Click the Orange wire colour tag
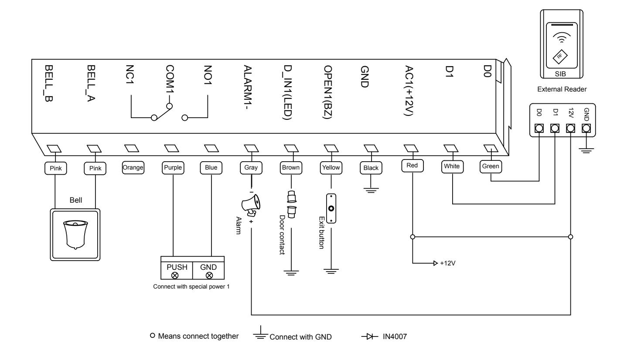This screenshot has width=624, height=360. [133, 168]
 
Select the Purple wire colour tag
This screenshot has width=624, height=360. [173, 168]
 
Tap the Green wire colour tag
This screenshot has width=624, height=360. [491, 166]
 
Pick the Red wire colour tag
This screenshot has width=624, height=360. [413, 166]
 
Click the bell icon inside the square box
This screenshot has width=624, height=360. [75, 234]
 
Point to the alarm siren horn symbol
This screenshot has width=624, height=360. [251, 205]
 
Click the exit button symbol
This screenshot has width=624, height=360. [331, 208]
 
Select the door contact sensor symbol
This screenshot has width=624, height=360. [291, 204]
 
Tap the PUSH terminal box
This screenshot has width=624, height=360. [177, 270]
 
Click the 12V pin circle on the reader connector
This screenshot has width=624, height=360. [570, 128]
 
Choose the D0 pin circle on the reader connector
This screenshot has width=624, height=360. [539, 128]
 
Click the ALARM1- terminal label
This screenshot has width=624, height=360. [247, 87]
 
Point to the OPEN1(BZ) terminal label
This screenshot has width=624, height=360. [327, 92]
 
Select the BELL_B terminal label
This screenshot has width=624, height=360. [49, 84]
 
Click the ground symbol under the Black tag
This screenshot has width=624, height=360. [371, 190]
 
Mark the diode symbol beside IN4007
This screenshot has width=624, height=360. [370, 336]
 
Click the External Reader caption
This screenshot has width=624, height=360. [562, 89]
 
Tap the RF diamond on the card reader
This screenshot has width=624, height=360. [560, 56]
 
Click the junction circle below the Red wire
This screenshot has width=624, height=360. [413, 237]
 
